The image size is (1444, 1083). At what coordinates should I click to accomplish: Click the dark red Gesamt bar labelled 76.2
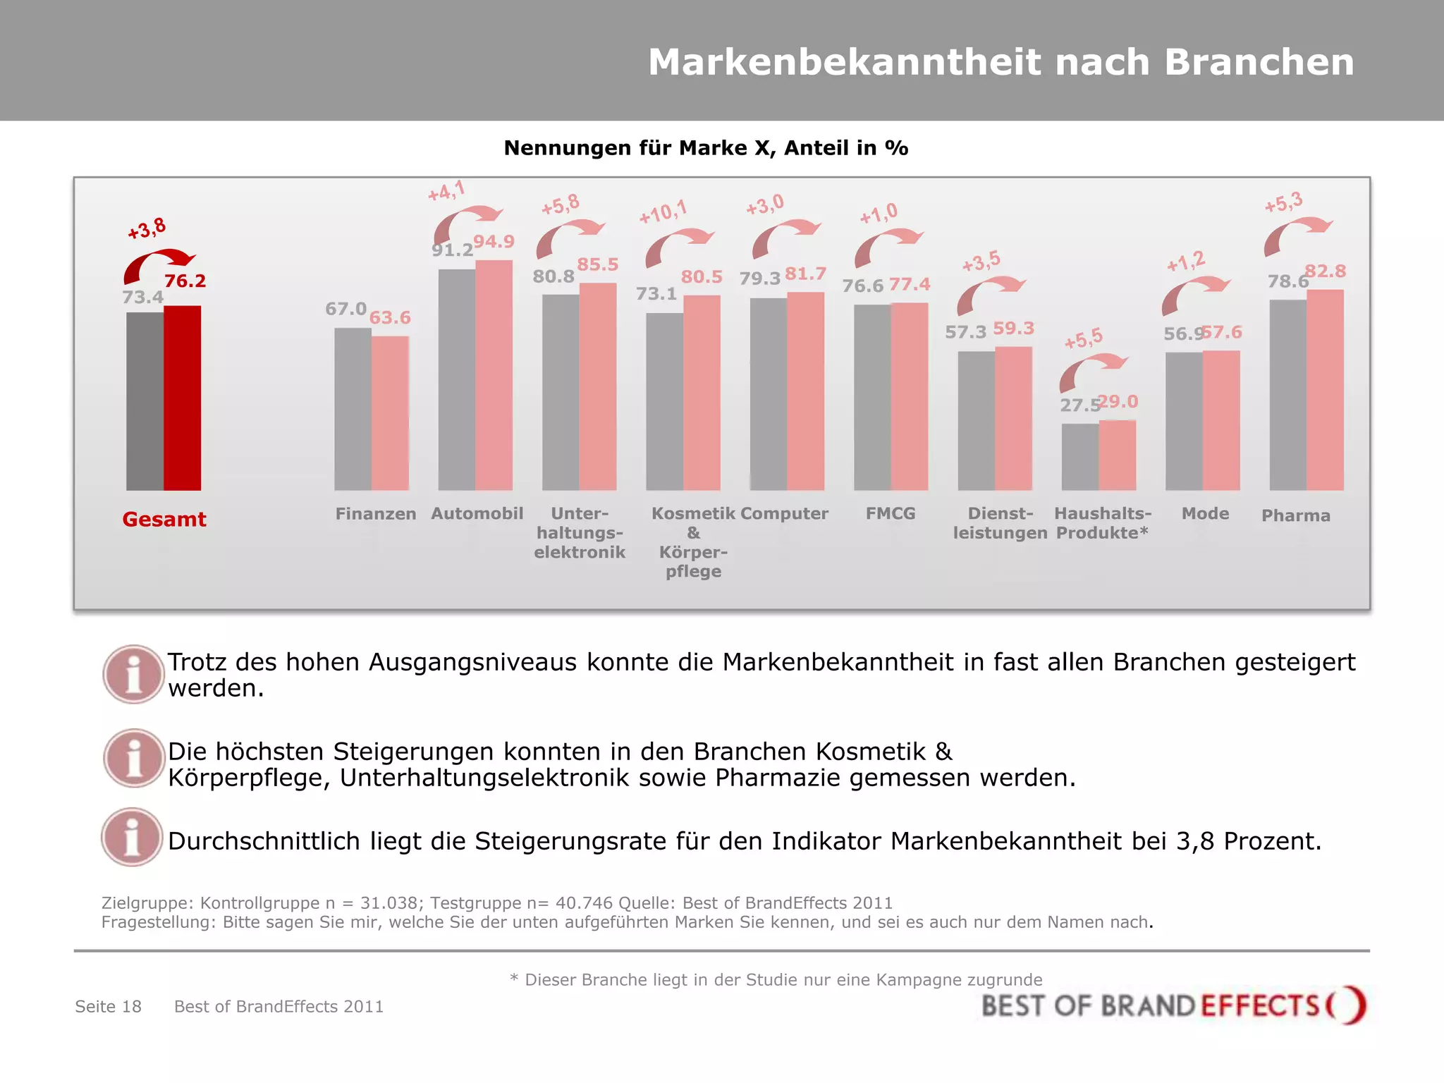point(182,398)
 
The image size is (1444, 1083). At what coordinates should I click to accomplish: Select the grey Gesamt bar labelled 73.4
point(145,402)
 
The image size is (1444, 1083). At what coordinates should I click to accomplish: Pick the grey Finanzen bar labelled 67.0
point(353,409)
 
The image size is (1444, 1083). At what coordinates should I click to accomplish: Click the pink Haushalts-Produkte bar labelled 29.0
point(1117,455)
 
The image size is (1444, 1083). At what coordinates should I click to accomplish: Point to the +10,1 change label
point(662,212)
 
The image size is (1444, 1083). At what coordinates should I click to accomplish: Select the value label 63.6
point(390,318)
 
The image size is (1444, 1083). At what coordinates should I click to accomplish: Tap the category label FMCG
point(891,514)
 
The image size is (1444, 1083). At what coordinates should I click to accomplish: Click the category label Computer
point(784,514)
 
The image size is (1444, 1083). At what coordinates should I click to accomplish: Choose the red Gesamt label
point(164,520)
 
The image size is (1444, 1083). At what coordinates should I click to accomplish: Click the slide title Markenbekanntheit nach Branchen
point(1001,62)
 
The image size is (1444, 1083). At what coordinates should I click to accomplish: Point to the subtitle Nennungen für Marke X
point(706,148)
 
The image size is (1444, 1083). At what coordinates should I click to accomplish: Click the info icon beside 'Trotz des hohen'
point(133,674)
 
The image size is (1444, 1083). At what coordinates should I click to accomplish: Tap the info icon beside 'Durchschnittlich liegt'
point(132,837)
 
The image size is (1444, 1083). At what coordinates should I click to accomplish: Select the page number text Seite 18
point(109,1007)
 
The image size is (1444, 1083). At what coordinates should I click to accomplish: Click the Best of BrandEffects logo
point(1173,1005)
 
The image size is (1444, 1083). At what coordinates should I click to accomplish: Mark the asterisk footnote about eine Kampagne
point(776,980)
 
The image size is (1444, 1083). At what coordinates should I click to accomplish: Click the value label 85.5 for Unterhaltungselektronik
point(597,265)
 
